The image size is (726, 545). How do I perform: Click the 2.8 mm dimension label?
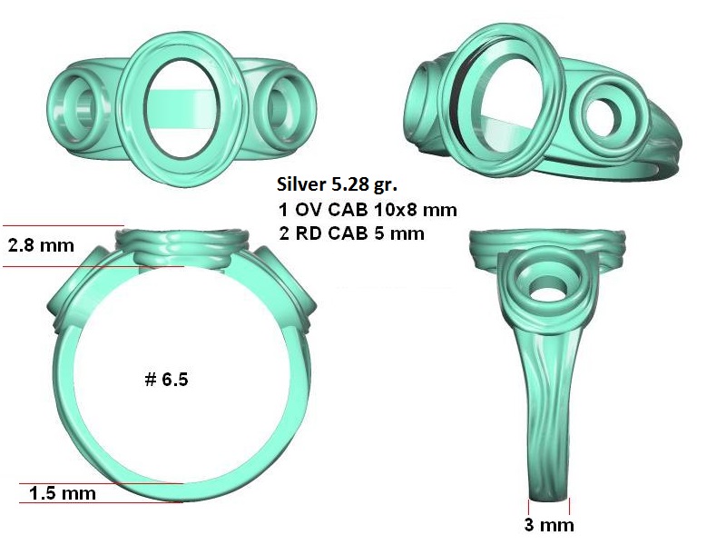pos(41,245)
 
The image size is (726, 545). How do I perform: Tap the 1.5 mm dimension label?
pos(63,493)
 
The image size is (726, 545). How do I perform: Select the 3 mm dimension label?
pos(549,525)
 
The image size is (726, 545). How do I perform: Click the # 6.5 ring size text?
pos(167,380)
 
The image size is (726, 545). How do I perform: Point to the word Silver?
pos(301,184)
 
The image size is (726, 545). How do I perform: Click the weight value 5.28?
pos(350,184)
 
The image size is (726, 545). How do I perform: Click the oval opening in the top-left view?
pos(181,109)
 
